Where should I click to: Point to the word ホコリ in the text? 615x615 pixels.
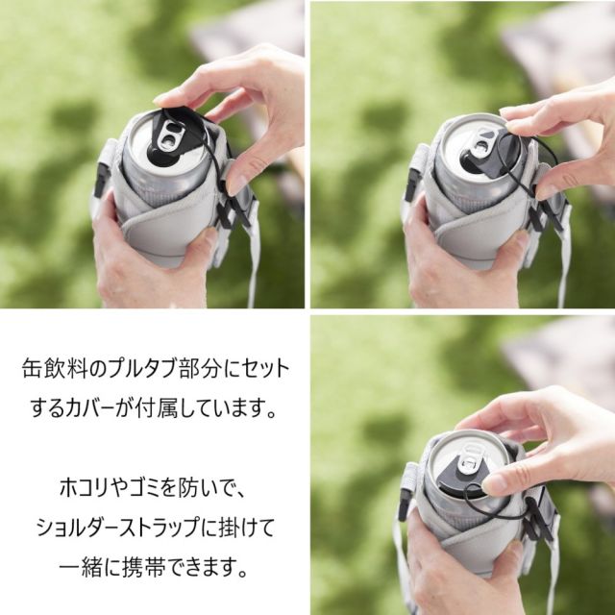tap(83, 487)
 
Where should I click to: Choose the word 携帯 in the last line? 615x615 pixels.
tap(143, 568)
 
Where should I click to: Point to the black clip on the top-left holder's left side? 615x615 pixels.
tap(100, 180)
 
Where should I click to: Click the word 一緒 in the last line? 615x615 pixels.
tap(81, 568)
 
